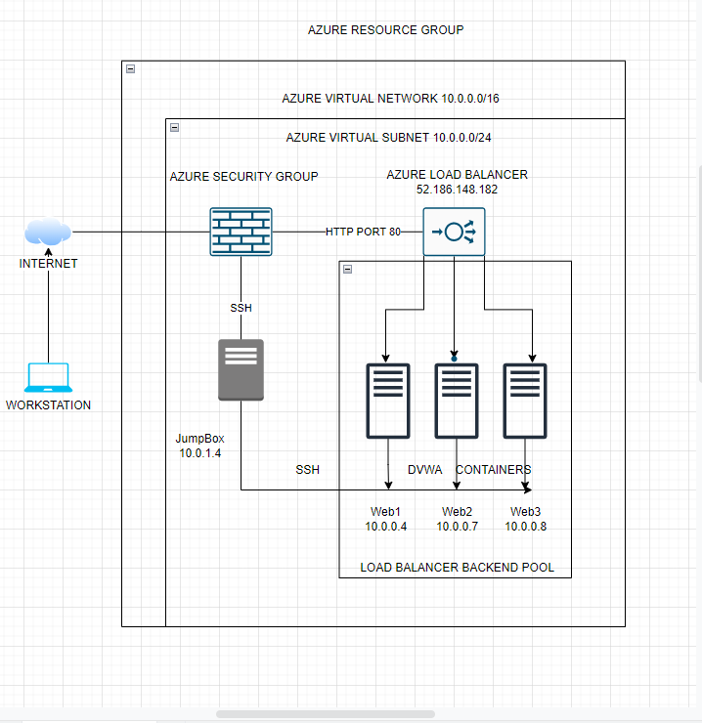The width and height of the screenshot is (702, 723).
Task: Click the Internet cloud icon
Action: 48,233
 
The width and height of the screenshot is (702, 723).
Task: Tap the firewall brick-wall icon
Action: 241,232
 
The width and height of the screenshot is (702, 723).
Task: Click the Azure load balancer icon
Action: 454,232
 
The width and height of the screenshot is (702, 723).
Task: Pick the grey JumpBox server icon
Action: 241,369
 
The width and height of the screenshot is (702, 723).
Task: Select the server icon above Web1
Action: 388,400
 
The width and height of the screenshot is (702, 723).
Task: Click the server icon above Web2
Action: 457,400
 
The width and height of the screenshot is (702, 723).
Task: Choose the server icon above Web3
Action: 525,400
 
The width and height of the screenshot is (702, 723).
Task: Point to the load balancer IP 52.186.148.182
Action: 457,190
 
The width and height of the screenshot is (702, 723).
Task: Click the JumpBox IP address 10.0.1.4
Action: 199,453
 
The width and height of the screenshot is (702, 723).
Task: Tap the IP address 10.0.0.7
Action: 457,527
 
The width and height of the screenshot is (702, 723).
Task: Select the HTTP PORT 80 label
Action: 363,232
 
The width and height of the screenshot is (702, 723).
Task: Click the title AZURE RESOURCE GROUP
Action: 385,30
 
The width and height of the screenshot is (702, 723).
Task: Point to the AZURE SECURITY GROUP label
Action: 243,177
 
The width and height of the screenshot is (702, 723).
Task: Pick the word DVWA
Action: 424,470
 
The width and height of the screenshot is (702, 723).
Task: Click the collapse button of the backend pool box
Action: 348,269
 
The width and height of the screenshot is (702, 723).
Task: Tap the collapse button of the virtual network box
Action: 130,68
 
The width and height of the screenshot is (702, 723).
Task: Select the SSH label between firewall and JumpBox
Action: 241,308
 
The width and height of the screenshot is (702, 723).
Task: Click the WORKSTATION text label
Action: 48,405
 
